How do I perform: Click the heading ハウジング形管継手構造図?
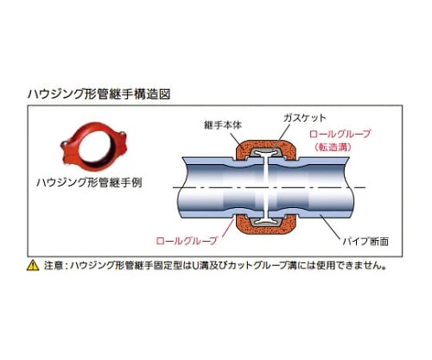(99, 94)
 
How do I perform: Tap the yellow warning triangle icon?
(33, 265)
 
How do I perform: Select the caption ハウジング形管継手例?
(89, 182)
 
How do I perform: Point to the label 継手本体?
(223, 125)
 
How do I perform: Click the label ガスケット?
(305, 117)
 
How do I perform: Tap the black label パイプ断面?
(365, 241)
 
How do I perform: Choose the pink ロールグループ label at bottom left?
(187, 241)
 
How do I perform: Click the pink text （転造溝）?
(334, 148)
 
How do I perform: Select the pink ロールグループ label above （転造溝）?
(340, 134)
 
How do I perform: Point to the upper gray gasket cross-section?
(265, 153)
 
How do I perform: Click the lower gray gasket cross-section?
(265, 221)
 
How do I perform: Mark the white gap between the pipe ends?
(266, 187)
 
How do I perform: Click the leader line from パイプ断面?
(332, 226)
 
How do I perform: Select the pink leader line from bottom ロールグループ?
(226, 228)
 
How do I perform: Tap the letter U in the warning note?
(196, 266)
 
